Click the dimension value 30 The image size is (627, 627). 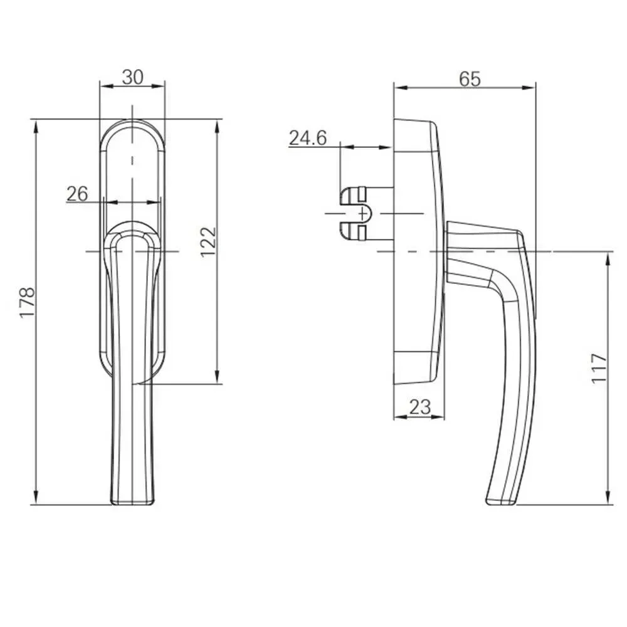click(x=133, y=77)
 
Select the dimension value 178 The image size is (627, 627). click(x=28, y=302)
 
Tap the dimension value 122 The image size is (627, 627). click(x=208, y=242)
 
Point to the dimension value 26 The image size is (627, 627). click(x=77, y=194)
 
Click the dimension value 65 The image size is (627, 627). click(x=470, y=79)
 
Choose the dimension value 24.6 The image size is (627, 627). click(x=308, y=138)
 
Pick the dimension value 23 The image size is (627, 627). click(x=420, y=407)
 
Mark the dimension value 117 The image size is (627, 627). click(x=599, y=368)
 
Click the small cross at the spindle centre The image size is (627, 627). click(x=362, y=214)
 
